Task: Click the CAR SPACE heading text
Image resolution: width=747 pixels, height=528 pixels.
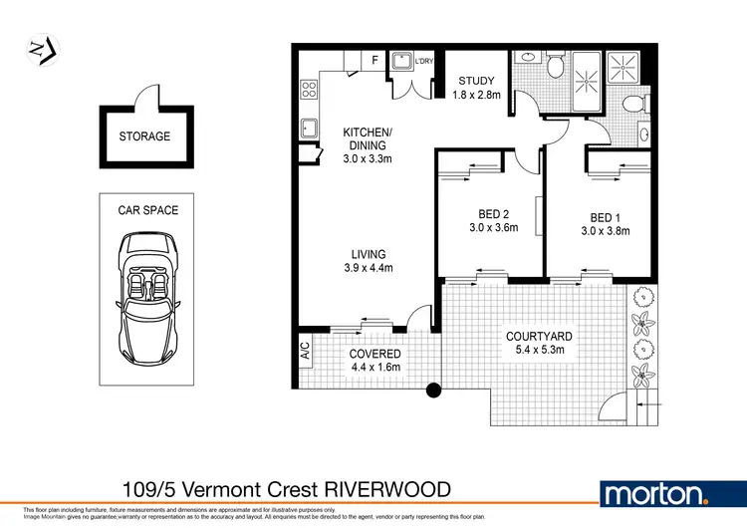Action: (147, 210)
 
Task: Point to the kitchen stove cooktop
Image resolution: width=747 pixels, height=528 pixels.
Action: (308, 88)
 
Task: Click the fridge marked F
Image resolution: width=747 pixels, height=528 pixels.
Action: (373, 60)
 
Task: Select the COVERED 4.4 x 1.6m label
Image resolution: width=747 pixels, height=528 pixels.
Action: (375, 361)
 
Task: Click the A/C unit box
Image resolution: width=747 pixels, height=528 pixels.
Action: (304, 352)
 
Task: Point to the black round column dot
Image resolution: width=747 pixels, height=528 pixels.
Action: (433, 391)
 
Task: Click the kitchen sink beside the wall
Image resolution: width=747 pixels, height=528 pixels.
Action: (309, 129)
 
